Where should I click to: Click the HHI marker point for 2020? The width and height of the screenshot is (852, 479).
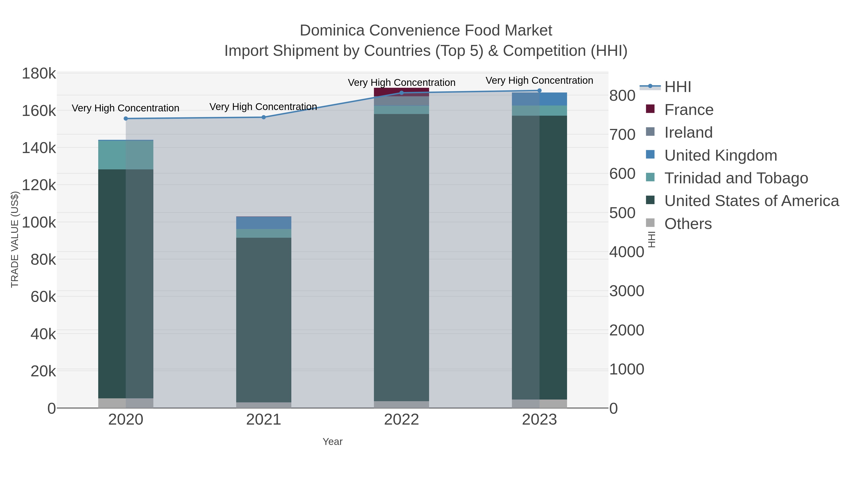(126, 119)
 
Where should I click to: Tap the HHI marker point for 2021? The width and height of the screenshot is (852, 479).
(264, 117)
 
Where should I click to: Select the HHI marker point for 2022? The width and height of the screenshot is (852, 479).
(402, 93)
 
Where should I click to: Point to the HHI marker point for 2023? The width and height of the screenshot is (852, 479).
(539, 91)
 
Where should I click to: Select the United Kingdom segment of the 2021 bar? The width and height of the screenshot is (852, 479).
(264, 223)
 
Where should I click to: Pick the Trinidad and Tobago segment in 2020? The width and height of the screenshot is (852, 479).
(126, 155)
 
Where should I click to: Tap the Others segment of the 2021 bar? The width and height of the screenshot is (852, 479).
(264, 405)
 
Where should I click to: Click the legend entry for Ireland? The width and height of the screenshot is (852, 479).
(688, 132)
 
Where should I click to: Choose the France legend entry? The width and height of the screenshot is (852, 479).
(689, 110)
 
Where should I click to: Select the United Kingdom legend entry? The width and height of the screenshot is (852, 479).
(720, 155)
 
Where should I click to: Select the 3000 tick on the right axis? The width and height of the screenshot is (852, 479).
(626, 291)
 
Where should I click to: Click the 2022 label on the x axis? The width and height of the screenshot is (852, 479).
(402, 420)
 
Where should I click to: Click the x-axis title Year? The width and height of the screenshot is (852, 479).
(333, 442)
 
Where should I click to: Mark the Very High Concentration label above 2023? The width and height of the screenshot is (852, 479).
(539, 81)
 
